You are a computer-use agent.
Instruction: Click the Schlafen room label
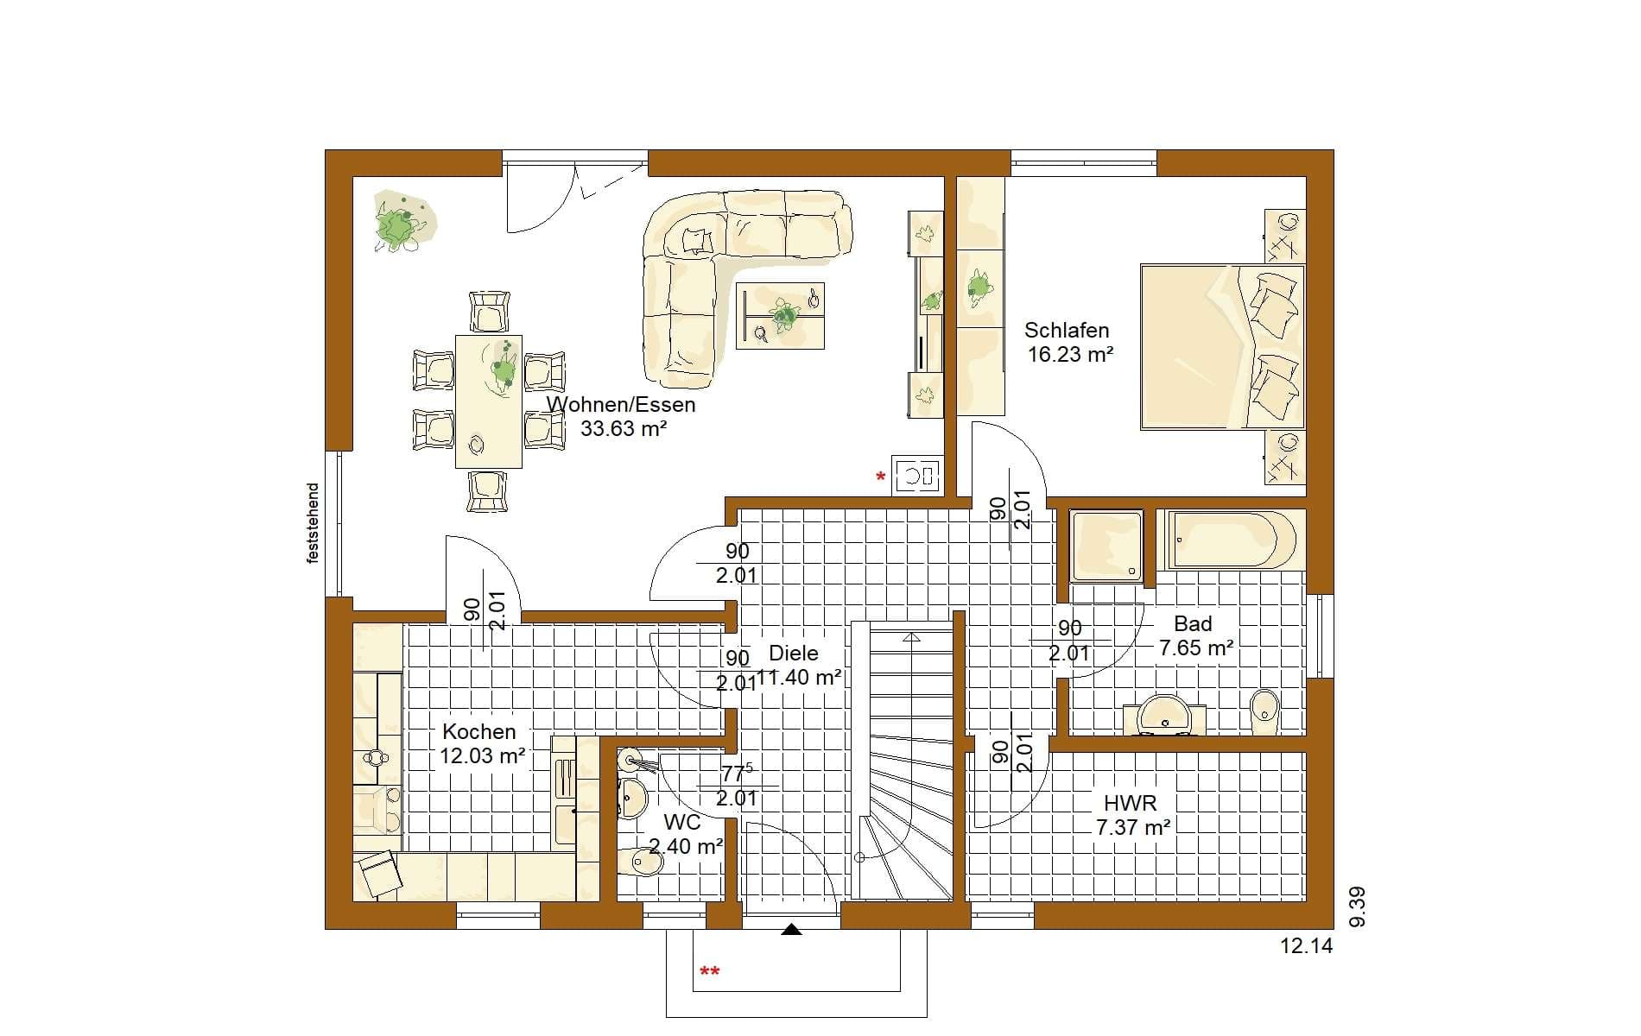pyautogui.click(x=1067, y=331)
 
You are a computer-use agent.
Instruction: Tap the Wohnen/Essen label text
pyautogui.click(x=621, y=404)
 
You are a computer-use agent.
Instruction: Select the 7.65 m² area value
pyautogui.click(x=1196, y=647)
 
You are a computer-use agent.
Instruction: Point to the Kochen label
pyautogui.click(x=479, y=731)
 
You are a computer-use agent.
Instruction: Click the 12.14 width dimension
pyautogui.click(x=1307, y=946)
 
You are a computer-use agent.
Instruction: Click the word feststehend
pyautogui.click(x=313, y=523)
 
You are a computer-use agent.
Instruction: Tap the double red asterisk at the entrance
pyautogui.click(x=709, y=973)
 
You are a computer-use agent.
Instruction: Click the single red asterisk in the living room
pyautogui.click(x=881, y=477)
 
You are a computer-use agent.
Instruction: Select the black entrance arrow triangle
pyautogui.click(x=791, y=930)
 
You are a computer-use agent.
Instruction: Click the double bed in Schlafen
pyautogui.click(x=1222, y=346)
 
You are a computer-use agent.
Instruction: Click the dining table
pyautogui.click(x=489, y=401)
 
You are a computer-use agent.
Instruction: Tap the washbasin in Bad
pyautogui.click(x=1164, y=715)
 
